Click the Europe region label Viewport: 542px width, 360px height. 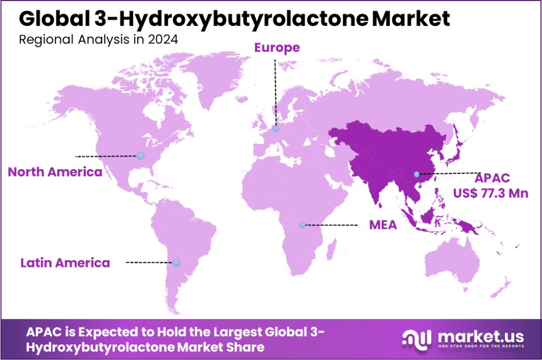[276, 48]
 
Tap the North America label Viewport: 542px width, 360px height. [55, 172]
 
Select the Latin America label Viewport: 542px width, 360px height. [65, 263]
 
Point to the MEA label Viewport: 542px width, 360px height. [383, 226]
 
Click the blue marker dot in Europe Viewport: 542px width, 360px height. [276, 128]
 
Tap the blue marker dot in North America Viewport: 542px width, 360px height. [140, 155]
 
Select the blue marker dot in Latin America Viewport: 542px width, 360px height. [176, 263]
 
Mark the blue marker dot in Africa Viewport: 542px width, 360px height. [303, 225]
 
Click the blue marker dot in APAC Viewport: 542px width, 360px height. [417, 174]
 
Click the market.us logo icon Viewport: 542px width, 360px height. [417, 339]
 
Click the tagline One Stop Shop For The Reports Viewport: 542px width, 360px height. [480, 346]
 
